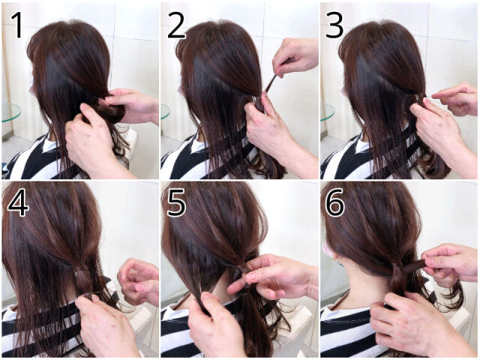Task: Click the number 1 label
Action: click(x=17, y=25)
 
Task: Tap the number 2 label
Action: click(x=176, y=25)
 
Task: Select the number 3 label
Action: click(x=334, y=25)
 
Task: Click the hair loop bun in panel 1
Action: click(x=113, y=112)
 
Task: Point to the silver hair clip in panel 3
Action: click(x=418, y=98)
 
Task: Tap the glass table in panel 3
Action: click(x=327, y=112)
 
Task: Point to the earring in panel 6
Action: click(x=338, y=261)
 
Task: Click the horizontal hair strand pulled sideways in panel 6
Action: click(x=413, y=264)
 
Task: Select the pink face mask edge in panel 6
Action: click(x=328, y=253)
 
